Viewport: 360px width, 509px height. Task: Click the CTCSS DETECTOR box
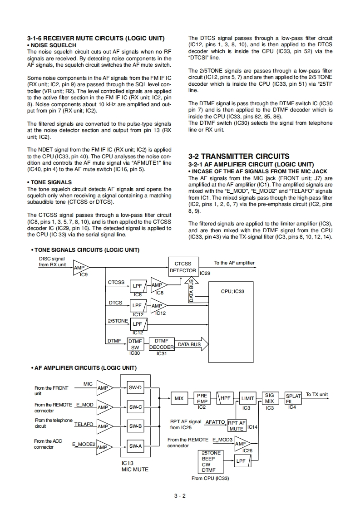point(182,267)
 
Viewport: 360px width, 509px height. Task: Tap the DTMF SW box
point(135,344)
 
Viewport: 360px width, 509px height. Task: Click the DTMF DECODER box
point(161,344)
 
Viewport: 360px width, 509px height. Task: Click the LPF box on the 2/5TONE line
point(137,324)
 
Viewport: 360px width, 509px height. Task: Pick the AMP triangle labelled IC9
point(80,268)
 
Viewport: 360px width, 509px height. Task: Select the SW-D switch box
point(135,388)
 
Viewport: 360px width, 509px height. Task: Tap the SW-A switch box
point(135,446)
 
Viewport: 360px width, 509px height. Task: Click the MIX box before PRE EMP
point(179,399)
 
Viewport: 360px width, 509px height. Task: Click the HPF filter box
point(226,398)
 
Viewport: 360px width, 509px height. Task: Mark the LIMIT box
point(247,399)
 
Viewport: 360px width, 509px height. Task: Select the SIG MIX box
point(270,398)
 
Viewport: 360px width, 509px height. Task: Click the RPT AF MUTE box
point(237,425)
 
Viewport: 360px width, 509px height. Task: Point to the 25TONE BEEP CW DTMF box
point(211,462)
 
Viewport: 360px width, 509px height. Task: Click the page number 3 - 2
point(180,495)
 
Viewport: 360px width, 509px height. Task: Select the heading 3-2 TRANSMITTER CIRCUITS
point(238,156)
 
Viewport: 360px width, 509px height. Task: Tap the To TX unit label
point(317,394)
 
